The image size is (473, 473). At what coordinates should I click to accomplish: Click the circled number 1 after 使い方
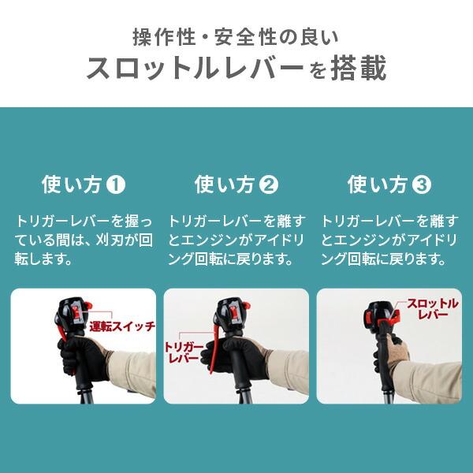[x=115, y=186]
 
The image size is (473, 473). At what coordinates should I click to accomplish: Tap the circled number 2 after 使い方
[x=269, y=186]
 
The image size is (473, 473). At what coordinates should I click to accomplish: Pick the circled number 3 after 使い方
[x=422, y=186]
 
